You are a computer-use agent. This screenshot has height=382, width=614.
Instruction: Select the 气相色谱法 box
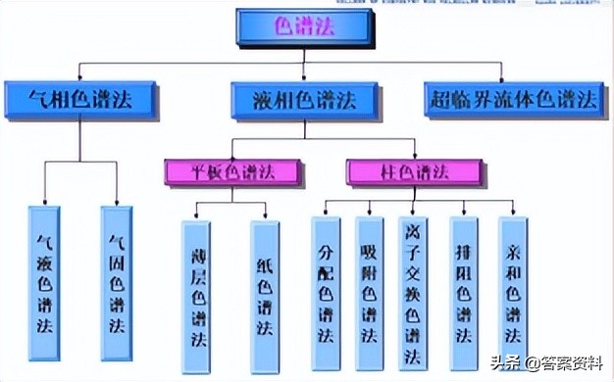[x=81, y=100]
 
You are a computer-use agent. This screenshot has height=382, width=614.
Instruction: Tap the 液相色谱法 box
[x=305, y=100]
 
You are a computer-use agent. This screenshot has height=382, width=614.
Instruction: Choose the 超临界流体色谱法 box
[x=513, y=100]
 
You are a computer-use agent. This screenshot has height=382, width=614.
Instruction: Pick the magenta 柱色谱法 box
[x=415, y=172]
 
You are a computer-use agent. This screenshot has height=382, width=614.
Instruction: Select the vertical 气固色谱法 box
[x=116, y=283]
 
